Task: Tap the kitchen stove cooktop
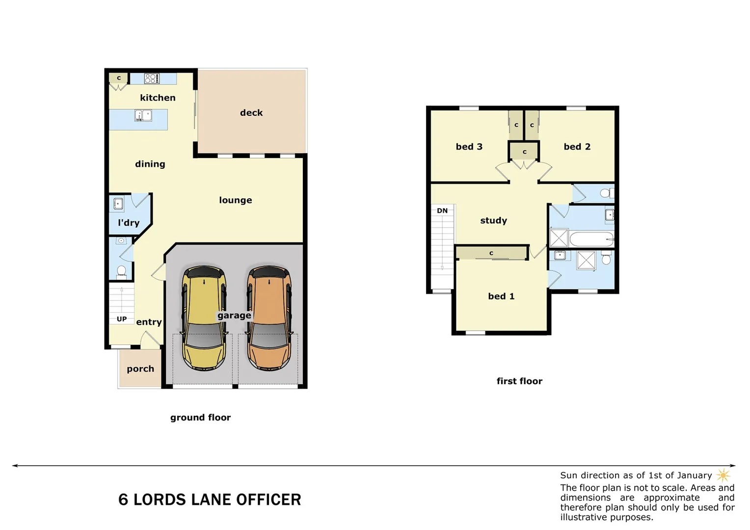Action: pos(152,79)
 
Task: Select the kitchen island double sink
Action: pos(143,116)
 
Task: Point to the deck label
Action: pos(251,113)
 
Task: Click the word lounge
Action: pos(235,200)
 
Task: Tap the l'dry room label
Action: pos(129,223)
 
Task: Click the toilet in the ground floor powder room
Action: pos(121,271)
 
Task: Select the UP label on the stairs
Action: pos(122,319)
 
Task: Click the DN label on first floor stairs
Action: pos(442,211)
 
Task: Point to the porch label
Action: pos(140,369)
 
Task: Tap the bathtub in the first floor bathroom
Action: pos(591,239)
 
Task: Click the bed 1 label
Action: pos(501,296)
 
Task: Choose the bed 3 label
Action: pos(469,147)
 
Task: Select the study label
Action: pos(493,221)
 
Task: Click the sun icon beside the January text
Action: pos(723,475)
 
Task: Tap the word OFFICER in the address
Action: pos(268,500)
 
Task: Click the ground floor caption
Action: pos(200,418)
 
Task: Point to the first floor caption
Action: pos(519,381)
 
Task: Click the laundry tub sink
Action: pos(118,204)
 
